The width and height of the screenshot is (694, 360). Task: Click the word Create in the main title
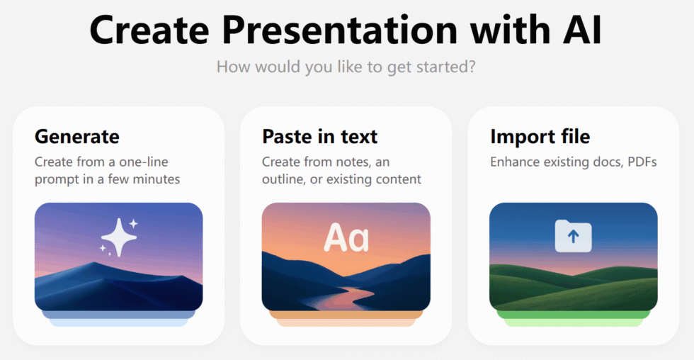[x=147, y=30]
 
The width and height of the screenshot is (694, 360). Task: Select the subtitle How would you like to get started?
[x=346, y=67]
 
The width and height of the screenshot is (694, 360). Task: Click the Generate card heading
[x=77, y=136]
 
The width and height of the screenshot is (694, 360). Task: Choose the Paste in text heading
[x=320, y=136]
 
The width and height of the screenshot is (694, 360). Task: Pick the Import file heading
[x=540, y=136]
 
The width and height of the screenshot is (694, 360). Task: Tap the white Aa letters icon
[x=346, y=238]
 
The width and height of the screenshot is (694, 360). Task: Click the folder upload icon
[x=573, y=236]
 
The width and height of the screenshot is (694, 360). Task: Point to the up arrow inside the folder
[x=573, y=238]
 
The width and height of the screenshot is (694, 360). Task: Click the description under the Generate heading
[x=107, y=171]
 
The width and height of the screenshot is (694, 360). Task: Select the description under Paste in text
[x=341, y=171]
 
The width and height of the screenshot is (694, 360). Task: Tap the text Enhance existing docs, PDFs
[x=573, y=162]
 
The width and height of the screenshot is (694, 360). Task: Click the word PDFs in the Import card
[x=641, y=162]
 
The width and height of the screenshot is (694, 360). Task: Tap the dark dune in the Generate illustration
[x=106, y=283]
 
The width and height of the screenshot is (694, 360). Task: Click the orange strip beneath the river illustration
[x=346, y=314]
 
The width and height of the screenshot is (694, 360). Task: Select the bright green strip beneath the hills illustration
[x=573, y=314]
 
